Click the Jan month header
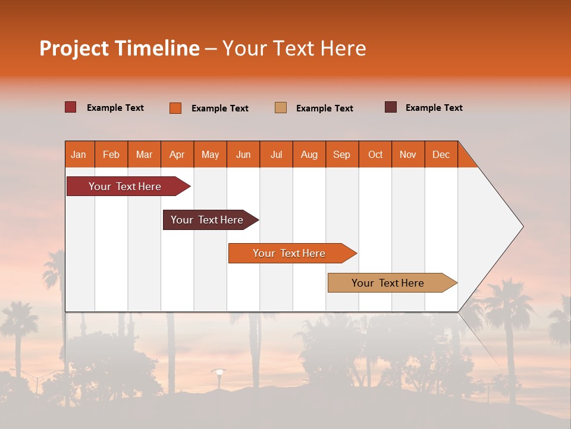click(79, 154)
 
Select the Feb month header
click(111, 154)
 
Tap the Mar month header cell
click(144, 154)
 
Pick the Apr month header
click(177, 154)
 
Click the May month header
click(210, 154)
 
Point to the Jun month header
click(243, 154)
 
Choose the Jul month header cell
click(276, 154)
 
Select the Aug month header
click(309, 154)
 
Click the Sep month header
click(342, 154)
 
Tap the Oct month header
click(375, 154)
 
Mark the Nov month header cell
click(408, 154)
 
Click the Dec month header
click(441, 154)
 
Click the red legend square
click(71, 107)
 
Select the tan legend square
click(281, 108)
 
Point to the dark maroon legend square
click(391, 107)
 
